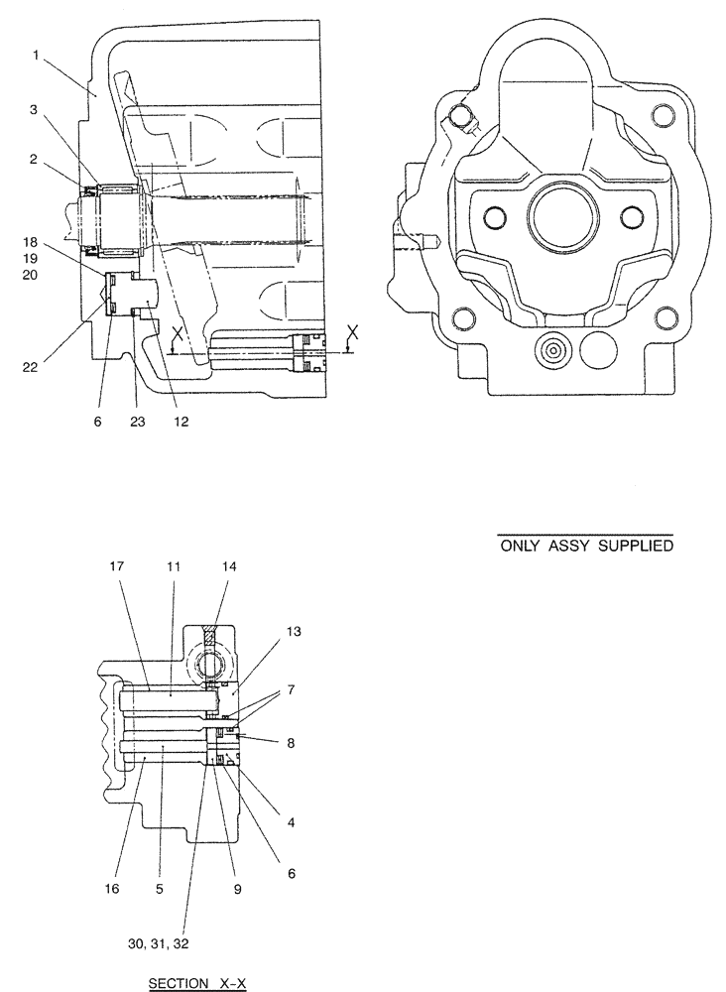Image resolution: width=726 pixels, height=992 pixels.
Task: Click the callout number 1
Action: (x=35, y=56)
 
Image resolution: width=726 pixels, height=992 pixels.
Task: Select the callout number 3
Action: (x=35, y=110)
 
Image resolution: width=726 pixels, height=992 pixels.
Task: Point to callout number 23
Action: (x=137, y=422)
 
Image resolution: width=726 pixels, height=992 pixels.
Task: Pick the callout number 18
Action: (x=32, y=240)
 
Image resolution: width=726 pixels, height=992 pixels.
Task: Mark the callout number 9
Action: (x=238, y=890)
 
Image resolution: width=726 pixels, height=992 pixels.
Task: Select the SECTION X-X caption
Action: (x=195, y=984)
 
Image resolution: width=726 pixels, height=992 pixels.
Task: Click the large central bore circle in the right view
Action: (x=562, y=219)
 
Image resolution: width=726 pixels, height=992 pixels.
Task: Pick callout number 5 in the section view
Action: (x=161, y=890)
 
